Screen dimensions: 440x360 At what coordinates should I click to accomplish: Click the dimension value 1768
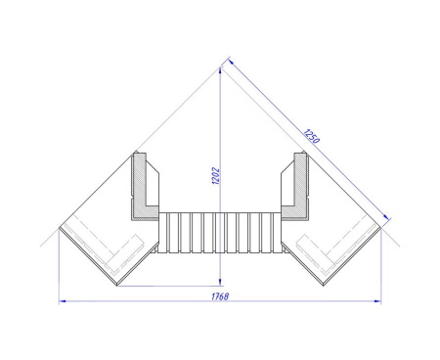220,296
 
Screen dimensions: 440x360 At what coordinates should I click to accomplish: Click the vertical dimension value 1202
216,176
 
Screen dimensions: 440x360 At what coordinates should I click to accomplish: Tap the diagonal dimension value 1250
311,136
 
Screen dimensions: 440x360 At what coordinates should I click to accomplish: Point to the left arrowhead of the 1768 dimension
63,301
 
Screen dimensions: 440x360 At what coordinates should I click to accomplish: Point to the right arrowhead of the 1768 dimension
377,301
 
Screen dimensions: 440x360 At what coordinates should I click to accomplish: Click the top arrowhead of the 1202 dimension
221,70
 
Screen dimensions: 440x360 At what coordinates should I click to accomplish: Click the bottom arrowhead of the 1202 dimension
221,282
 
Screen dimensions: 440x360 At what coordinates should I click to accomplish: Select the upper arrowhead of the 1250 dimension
231,62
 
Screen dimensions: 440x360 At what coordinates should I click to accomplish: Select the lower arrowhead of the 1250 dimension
385,217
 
